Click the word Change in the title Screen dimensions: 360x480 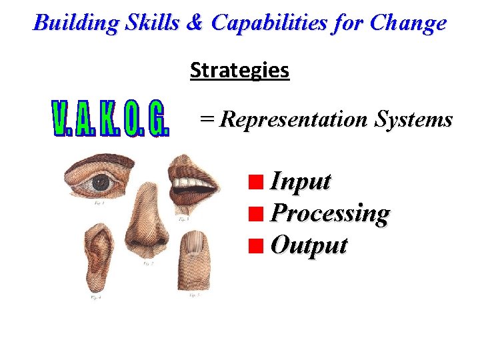(x=408, y=23)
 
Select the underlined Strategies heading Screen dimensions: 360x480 (x=239, y=70)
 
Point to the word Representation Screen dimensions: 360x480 (x=293, y=120)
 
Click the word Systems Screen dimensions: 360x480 (x=413, y=120)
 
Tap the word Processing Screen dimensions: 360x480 (x=331, y=214)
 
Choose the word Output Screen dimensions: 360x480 (x=309, y=245)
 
